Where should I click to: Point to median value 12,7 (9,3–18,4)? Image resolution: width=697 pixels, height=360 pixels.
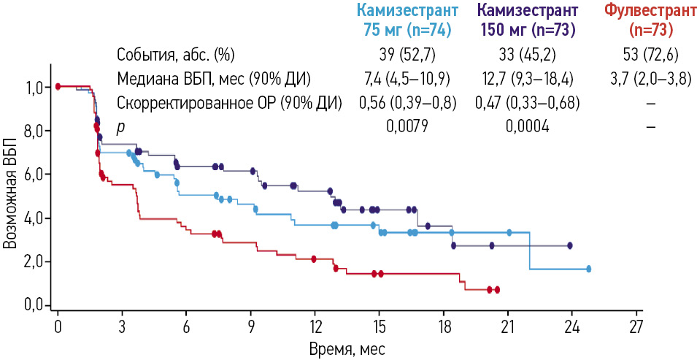[x=528, y=79]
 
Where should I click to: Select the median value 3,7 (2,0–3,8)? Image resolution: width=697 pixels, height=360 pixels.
[x=650, y=79]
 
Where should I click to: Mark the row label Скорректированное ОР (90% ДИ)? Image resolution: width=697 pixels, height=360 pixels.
[x=229, y=103]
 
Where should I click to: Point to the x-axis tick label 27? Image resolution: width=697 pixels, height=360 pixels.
[x=635, y=325]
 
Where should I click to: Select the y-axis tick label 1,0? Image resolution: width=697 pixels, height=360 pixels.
[x=34, y=88]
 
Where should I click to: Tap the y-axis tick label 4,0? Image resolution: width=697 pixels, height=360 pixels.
[x=34, y=218]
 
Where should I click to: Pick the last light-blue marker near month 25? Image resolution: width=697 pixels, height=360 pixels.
[x=588, y=269]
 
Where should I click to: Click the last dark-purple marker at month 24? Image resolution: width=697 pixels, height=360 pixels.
[x=570, y=245]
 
